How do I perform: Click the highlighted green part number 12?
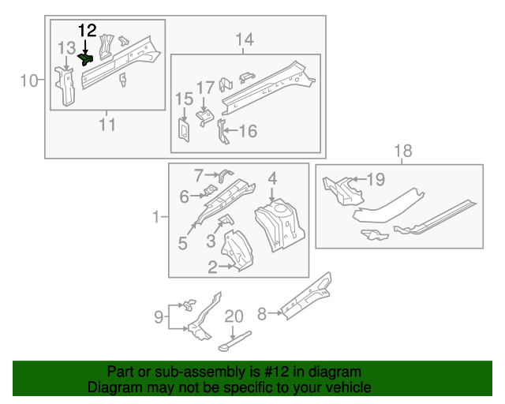pyautogui.click(x=86, y=58)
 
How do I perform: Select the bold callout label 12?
pyautogui.click(x=86, y=31)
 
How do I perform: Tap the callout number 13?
pyautogui.click(x=66, y=50)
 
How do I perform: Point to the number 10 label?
pyautogui.click(x=28, y=80)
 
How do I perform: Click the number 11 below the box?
pyautogui.click(x=107, y=124)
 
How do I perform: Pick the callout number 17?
pyautogui.click(x=205, y=88)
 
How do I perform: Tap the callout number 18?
pyautogui.click(x=402, y=151)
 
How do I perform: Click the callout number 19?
pyautogui.click(x=375, y=180)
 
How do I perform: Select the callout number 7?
pyautogui.click(x=199, y=174)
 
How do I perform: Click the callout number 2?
pyautogui.click(x=212, y=267)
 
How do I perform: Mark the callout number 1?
pyautogui.click(x=158, y=216)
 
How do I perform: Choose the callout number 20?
pyautogui.click(x=234, y=316)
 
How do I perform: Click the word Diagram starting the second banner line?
pyautogui.click(x=111, y=387)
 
